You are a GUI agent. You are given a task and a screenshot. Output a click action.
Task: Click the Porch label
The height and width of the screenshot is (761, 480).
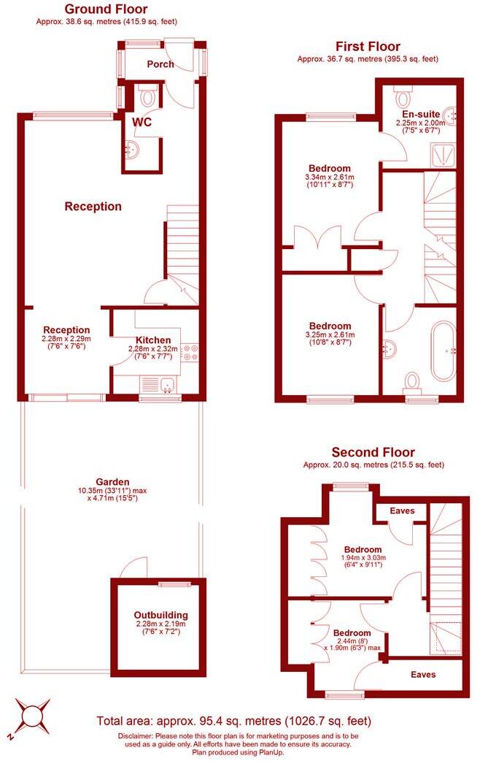(160, 64)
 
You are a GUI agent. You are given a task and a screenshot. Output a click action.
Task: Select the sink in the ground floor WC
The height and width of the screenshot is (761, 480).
(131, 151)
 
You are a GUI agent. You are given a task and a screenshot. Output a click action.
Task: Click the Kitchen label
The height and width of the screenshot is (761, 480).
(153, 340)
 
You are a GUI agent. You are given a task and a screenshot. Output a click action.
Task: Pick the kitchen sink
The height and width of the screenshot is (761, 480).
(160, 383)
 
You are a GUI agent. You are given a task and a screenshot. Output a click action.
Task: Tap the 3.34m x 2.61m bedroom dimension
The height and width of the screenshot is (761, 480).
(329, 177)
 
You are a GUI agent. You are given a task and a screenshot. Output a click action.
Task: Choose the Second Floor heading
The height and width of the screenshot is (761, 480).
(373, 453)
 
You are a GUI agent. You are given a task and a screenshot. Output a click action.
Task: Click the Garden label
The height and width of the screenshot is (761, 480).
(113, 482)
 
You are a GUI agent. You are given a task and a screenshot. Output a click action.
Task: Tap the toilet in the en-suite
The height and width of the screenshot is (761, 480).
(403, 96)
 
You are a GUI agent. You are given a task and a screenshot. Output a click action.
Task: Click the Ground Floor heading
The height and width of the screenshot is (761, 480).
(106, 9)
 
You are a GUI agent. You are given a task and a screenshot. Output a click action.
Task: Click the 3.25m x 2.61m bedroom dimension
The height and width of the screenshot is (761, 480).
(329, 335)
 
